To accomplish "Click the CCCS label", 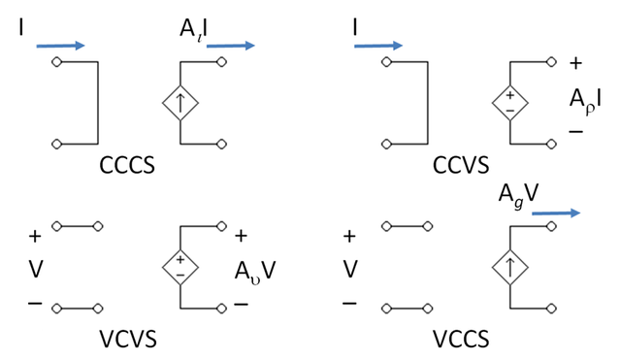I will pyautogui.click(x=129, y=166).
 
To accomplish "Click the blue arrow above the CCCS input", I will pyautogui.click(x=61, y=45).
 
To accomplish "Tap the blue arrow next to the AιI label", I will pyautogui.click(x=231, y=45).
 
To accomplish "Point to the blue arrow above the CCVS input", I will pyautogui.click(x=378, y=45).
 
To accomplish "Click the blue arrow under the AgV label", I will pyautogui.click(x=556, y=213).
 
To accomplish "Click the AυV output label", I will pyautogui.click(x=256, y=269).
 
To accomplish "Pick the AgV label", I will pyautogui.click(x=516, y=191).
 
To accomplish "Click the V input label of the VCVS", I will pyautogui.click(x=36, y=269).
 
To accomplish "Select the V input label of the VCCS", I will pyautogui.click(x=350, y=269).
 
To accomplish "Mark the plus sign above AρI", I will pyautogui.click(x=576, y=66).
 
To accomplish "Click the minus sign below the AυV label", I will pyautogui.click(x=241, y=303).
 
